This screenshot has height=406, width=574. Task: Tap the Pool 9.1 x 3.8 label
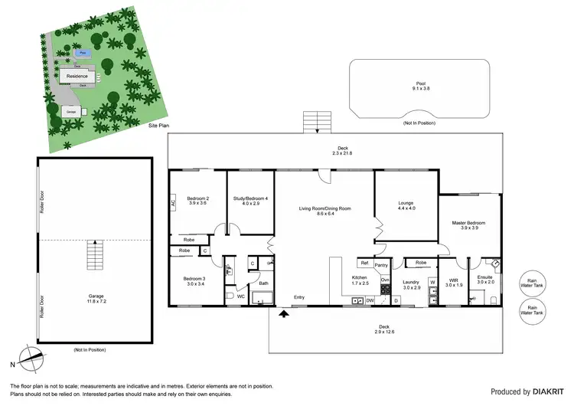(x=420, y=86)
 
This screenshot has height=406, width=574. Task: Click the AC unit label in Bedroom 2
(x=174, y=204)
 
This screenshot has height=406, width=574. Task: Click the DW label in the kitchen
(x=370, y=300)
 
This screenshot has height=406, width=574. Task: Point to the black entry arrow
(x=284, y=312)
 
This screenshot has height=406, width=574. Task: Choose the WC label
(x=240, y=295)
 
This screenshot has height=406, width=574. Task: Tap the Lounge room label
(x=406, y=206)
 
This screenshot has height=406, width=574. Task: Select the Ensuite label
(x=484, y=279)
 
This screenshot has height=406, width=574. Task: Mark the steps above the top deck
(x=315, y=123)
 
